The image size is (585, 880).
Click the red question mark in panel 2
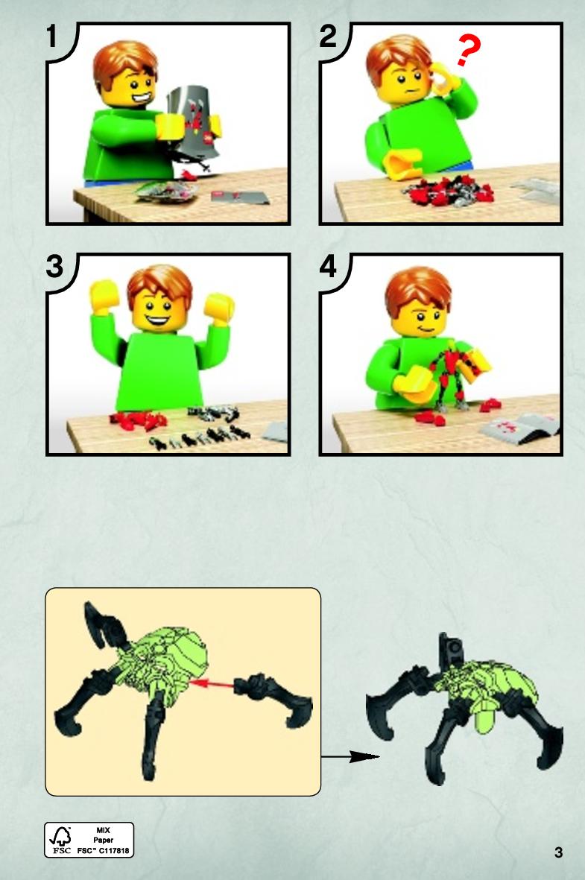click(468, 49)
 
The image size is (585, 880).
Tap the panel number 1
click(52, 37)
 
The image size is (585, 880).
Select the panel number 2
click(328, 37)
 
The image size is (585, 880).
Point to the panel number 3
click(54, 267)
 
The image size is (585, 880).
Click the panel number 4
click(328, 267)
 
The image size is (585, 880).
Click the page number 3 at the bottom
click(558, 852)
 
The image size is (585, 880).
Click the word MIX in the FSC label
click(104, 830)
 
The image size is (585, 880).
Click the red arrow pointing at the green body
click(212, 683)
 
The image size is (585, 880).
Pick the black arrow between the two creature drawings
click(350, 756)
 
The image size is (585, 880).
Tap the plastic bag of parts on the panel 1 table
click(167, 191)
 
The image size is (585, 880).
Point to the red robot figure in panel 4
click(453, 377)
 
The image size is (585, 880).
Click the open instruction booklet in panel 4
click(519, 428)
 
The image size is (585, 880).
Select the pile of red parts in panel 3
click(139, 420)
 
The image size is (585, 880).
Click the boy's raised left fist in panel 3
click(219, 308)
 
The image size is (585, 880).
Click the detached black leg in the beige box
click(273, 697)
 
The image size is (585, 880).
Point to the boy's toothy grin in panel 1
click(140, 98)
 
